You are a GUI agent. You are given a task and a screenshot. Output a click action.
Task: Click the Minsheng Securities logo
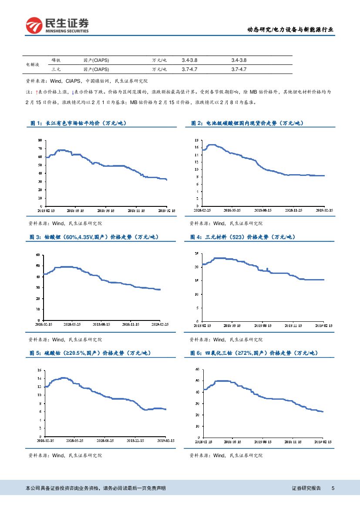(x=57, y=25)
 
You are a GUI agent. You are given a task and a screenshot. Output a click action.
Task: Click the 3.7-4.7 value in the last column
(x=239, y=69)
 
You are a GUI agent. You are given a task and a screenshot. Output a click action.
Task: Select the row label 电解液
(x=33, y=64)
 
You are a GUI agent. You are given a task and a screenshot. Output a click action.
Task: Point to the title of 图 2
(x=247, y=123)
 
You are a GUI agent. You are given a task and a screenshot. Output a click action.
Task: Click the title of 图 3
(x=94, y=237)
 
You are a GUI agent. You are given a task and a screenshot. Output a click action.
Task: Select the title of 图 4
(x=242, y=237)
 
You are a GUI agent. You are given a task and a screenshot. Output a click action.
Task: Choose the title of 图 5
(x=90, y=353)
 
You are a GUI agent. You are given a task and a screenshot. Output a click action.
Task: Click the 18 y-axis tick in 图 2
(x=196, y=140)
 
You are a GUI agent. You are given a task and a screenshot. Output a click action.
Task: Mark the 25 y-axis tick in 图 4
(x=197, y=253)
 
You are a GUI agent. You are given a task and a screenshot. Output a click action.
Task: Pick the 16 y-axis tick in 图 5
(x=39, y=370)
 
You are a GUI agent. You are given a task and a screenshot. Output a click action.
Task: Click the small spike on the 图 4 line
(x=267, y=269)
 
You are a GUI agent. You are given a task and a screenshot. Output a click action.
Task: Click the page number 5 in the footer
(x=333, y=489)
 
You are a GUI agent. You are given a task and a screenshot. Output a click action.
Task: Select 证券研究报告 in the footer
(x=306, y=489)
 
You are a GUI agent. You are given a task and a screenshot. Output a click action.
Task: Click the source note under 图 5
(x=65, y=455)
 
